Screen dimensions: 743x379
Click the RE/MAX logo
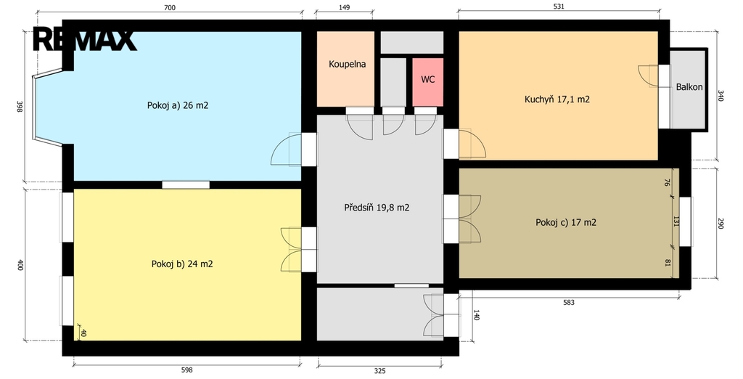coord(84,40)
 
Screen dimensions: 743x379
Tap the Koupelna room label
coord(348,64)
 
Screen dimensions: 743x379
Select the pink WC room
coord(428,82)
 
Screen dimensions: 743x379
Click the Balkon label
coord(689,87)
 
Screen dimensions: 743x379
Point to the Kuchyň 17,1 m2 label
coord(557,99)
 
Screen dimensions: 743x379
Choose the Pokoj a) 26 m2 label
coord(178,105)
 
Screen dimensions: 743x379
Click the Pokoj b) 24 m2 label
coord(182,264)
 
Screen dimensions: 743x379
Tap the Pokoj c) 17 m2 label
coord(566,222)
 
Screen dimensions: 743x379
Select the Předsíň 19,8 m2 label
coord(377,207)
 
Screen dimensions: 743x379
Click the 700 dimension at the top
coord(169,7)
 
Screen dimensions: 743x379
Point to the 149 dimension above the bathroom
coord(345,7)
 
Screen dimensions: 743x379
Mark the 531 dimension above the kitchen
coord(559,7)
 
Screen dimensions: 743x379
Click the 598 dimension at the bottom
coord(187,370)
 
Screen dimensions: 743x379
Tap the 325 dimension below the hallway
coord(379,372)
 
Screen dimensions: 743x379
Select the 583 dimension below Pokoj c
coord(569,303)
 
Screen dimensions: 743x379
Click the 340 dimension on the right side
coord(721,96)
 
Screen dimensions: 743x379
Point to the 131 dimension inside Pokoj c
coord(676,221)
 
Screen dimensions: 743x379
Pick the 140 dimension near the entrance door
coord(476,315)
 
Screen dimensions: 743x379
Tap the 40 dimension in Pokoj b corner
coord(83,333)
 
